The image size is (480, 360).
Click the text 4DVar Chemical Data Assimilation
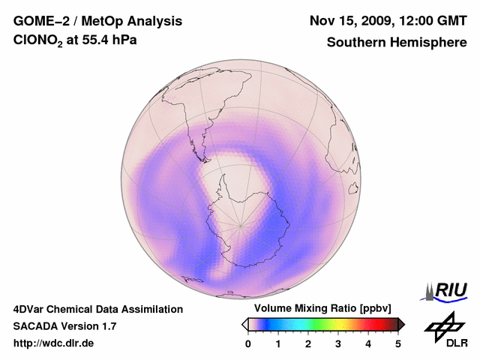point(97,309)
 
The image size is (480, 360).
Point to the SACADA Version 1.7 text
point(64,326)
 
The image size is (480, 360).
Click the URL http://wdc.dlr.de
point(54,343)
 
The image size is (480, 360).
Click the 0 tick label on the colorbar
point(248,343)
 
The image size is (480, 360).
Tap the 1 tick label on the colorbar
point(278,343)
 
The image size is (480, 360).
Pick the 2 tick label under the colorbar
point(308,343)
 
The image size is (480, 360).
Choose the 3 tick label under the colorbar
point(338,343)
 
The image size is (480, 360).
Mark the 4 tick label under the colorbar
point(368,343)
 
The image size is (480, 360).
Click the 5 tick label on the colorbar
point(398,343)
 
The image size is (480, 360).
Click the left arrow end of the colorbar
point(244,324)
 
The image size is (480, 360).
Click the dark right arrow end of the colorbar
point(401,324)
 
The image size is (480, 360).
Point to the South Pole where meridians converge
point(241,224)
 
